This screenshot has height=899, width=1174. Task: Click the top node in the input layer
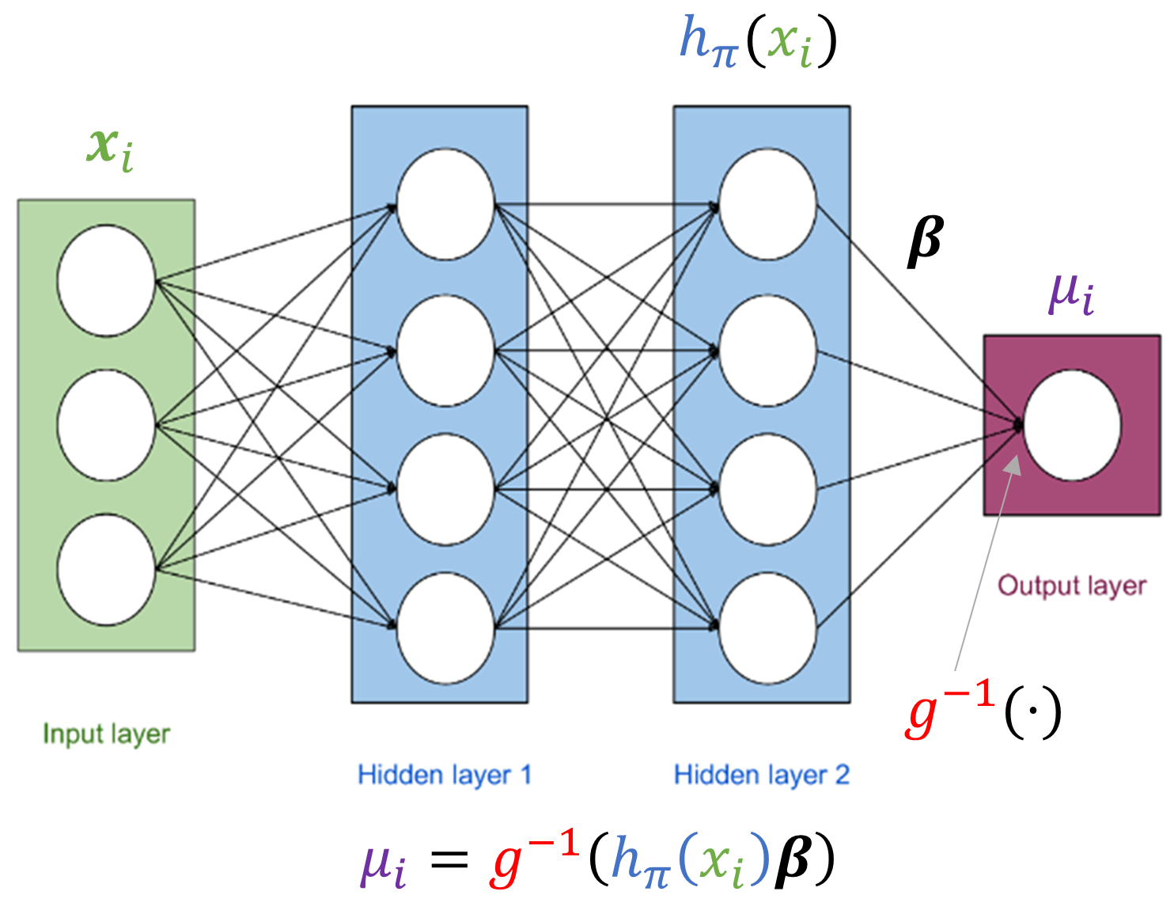point(106,280)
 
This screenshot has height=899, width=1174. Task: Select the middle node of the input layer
point(106,425)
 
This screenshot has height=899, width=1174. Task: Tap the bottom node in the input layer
point(106,569)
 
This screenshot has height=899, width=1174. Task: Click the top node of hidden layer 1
point(445,204)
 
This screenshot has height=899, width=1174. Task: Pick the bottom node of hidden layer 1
point(445,628)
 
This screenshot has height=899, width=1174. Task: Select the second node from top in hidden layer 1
point(445,350)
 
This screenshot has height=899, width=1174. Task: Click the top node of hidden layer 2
point(767,204)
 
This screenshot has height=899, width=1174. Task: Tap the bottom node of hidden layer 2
point(767,628)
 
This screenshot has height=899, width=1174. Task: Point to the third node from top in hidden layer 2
point(767,489)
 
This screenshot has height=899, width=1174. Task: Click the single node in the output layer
point(1072,425)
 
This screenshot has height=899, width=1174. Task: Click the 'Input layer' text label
point(106,734)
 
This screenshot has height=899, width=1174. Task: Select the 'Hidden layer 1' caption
point(444,774)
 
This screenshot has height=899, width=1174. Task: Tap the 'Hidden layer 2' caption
point(761,774)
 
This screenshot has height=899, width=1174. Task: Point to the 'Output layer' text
point(1071,586)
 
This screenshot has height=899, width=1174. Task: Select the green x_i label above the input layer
point(110,148)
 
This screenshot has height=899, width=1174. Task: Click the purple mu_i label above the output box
point(1071,294)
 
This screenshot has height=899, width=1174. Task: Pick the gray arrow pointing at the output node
point(985,562)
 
